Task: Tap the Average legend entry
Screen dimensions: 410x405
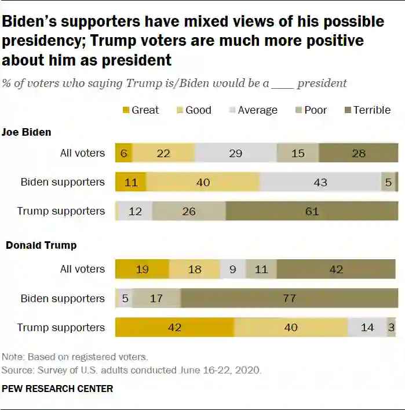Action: tap(253, 110)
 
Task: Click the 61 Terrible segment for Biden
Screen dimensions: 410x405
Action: tap(312, 211)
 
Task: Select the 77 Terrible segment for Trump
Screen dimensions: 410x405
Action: tap(289, 299)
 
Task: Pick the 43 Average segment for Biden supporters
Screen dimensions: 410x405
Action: tap(320, 182)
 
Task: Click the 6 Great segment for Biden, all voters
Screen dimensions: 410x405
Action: tap(123, 153)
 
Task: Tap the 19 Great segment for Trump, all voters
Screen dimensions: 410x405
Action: tap(142, 269)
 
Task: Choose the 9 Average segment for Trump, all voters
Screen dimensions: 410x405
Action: tap(233, 269)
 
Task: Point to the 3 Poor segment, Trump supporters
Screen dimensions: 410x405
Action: tap(392, 328)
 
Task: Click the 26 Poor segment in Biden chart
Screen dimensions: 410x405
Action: tap(189, 211)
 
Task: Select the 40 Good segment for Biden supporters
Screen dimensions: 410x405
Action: tap(203, 182)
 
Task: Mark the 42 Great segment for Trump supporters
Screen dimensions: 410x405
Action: tap(174, 328)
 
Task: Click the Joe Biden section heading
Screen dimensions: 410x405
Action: tap(26, 132)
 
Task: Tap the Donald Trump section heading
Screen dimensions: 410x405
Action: tap(41, 245)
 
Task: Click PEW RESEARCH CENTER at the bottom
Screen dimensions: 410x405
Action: tap(57, 389)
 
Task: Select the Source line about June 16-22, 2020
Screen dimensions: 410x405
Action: tap(132, 369)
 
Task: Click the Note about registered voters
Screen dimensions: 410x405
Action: tap(75, 357)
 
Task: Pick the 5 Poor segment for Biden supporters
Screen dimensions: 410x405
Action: tap(388, 182)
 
